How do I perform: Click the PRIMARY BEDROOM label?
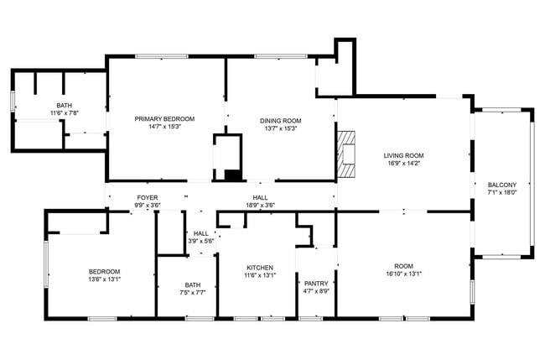(164, 118)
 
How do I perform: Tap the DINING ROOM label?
(282, 118)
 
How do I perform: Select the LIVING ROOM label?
(403, 155)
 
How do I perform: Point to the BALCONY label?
(502, 185)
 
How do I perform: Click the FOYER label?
(148, 197)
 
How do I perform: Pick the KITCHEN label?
(260, 267)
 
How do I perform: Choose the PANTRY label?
(316, 284)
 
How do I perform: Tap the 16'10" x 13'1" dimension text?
(404, 274)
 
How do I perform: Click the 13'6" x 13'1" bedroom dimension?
(105, 279)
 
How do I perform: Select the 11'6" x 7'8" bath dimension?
(64, 112)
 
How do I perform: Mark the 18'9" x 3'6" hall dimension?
(261, 205)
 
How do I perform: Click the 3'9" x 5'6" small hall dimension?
(201, 241)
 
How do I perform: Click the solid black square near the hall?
(232, 175)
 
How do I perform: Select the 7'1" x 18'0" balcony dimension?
(502, 192)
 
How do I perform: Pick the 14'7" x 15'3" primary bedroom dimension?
(164, 127)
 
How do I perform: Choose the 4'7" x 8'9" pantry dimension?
(316, 291)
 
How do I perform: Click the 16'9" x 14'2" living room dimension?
(403, 164)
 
